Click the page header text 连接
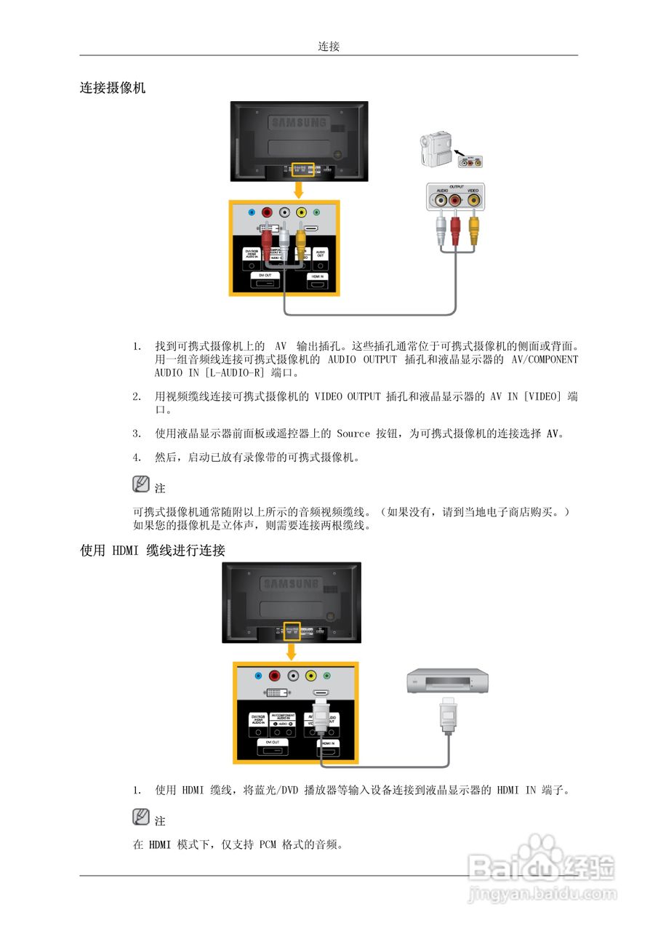(x=329, y=47)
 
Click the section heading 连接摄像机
(x=113, y=88)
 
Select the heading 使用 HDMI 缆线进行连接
(x=153, y=551)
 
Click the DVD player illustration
(x=447, y=680)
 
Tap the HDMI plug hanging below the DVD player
(x=449, y=715)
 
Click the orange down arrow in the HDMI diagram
(x=292, y=650)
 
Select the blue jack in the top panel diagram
(x=251, y=212)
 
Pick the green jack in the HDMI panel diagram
(x=327, y=676)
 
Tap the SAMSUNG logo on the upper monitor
(x=300, y=123)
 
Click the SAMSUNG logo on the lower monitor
(x=291, y=583)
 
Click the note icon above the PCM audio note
(x=141, y=817)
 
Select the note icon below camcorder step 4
(x=141, y=484)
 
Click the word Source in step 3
(x=353, y=433)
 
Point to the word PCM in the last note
(x=267, y=844)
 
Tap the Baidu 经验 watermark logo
(x=542, y=868)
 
